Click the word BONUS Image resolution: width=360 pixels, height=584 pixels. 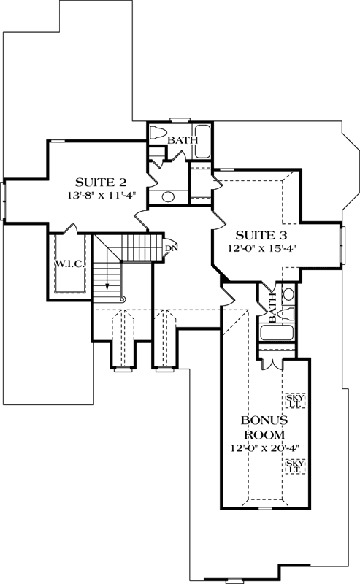pyautogui.click(x=264, y=421)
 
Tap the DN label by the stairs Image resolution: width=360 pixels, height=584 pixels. pyautogui.click(x=171, y=248)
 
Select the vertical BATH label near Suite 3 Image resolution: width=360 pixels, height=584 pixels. pyautogui.click(x=273, y=309)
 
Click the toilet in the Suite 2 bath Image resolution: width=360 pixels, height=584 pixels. pyautogui.click(x=158, y=134)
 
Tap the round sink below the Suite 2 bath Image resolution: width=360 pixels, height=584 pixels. pyautogui.click(x=167, y=196)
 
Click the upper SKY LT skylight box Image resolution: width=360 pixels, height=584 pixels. pyautogui.click(x=296, y=399)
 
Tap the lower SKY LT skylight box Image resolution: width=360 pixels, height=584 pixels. pyautogui.click(x=296, y=467)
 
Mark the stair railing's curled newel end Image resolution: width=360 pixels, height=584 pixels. pyautogui.click(x=122, y=299)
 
